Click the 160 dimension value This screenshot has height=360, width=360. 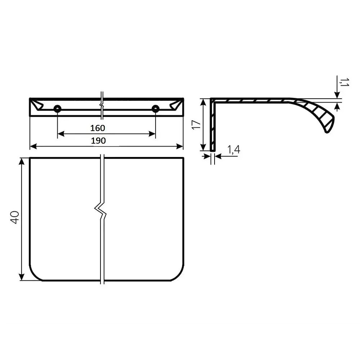coord(98,128)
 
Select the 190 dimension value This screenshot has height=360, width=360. coord(98,140)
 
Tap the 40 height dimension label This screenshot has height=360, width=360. coord(14,217)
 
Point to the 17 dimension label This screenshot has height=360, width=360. coord(196,125)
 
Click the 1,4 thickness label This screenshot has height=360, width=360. coord(234,149)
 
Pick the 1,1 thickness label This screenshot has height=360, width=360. coord(344,82)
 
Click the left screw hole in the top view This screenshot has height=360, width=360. coord(57,109)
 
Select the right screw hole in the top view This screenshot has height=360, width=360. coord(156,109)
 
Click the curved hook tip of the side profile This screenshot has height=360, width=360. coord(328,130)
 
